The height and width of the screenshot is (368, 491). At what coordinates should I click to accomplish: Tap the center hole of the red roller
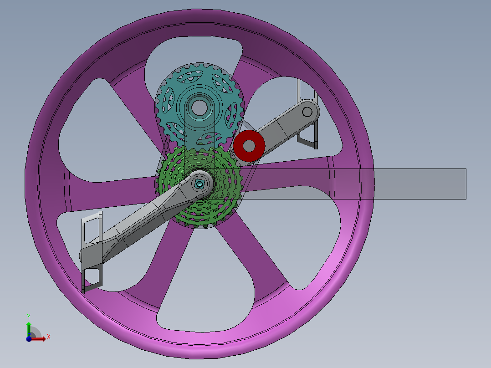(249, 145)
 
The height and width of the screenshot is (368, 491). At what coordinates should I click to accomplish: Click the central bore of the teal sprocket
(198, 108)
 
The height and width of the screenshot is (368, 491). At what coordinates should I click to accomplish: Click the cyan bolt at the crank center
(199, 184)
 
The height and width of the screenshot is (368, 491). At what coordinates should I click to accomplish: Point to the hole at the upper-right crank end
(307, 112)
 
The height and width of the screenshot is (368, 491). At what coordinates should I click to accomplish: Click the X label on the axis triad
(49, 337)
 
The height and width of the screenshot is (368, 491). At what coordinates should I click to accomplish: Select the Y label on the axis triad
(28, 316)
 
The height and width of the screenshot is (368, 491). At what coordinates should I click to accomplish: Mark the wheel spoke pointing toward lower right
(260, 255)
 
